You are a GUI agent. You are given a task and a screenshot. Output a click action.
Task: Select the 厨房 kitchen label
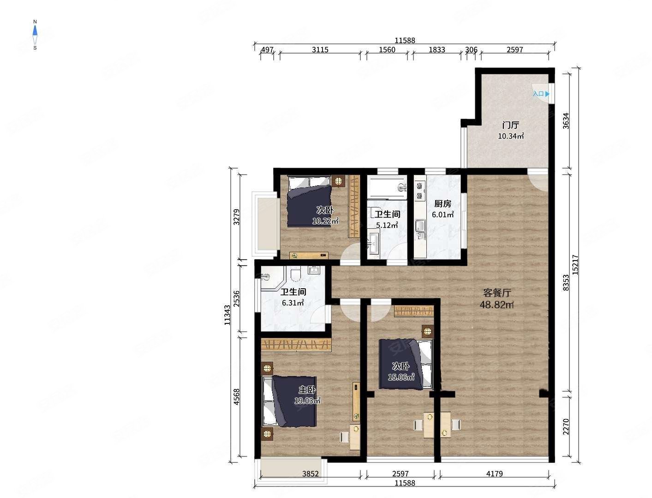[443, 204]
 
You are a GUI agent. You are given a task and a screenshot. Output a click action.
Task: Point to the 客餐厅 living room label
[496, 293]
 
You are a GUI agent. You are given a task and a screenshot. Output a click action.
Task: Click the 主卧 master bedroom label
[307, 390]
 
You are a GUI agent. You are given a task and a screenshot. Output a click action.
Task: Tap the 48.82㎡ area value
[496, 305]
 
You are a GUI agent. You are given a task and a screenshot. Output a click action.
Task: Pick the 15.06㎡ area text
[401, 377]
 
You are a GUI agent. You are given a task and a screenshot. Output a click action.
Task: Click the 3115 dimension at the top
[320, 49]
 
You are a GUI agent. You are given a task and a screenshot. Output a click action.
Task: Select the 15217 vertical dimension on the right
[575, 265]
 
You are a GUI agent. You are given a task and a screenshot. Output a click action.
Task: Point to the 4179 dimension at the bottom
[494, 474]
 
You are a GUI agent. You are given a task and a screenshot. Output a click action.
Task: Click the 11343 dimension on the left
[227, 315]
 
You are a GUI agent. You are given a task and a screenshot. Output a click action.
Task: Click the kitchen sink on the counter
[420, 226]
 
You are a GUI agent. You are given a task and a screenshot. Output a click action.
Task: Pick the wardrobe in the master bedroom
[296, 345]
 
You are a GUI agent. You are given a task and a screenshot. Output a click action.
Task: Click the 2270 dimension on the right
[566, 426]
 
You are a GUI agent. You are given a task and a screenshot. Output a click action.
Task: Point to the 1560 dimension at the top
[387, 49]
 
